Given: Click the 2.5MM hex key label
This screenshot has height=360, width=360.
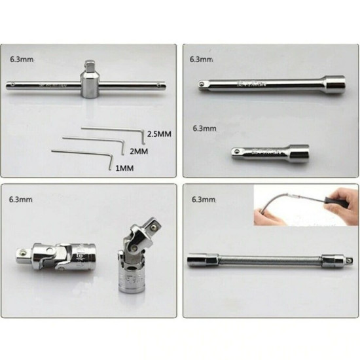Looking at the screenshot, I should [159, 134].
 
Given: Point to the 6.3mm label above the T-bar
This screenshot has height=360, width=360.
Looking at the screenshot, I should [22, 60].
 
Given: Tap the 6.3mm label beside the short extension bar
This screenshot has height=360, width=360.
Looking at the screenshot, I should [204, 128].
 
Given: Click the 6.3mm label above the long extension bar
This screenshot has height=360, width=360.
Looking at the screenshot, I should [202, 60].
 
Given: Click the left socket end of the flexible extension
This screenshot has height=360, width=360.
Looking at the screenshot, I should [198, 260].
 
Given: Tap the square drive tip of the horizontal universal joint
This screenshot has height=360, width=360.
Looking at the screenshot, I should [20, 251].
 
